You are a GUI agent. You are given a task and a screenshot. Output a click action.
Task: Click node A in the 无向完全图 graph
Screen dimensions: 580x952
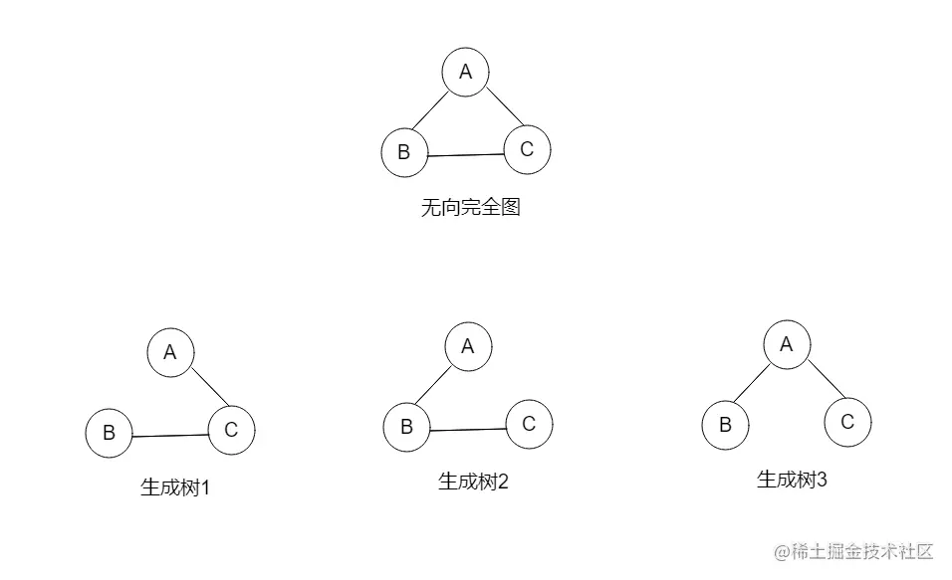coord(465,72)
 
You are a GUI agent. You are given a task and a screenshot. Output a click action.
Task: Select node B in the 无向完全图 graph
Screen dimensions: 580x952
coord(404,152)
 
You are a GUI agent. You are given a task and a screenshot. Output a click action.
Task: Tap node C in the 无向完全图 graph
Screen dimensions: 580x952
coord(527,149)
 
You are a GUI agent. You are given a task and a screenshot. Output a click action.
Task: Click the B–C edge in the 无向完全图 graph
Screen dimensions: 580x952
coord(465,155)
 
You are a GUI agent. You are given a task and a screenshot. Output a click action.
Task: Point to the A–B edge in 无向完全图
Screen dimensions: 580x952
coord(430,112)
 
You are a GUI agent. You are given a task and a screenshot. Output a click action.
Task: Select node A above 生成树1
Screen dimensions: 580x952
coord(170,352)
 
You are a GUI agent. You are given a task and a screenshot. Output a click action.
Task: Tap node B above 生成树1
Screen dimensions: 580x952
coord(110,433)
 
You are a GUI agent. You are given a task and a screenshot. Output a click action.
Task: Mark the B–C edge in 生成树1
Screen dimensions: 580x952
coord(170,435)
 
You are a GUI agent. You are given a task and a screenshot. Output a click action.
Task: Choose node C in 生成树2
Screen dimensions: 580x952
coord(529,424)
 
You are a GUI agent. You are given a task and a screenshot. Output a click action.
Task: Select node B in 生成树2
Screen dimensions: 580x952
coord(406,428)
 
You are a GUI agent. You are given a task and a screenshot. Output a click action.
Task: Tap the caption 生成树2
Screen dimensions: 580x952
coord(474,483)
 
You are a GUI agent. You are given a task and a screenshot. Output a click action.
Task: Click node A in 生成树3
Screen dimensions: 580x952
coord(787,344)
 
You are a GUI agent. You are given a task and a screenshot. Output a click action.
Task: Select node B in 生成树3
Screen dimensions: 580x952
coord(725,425)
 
